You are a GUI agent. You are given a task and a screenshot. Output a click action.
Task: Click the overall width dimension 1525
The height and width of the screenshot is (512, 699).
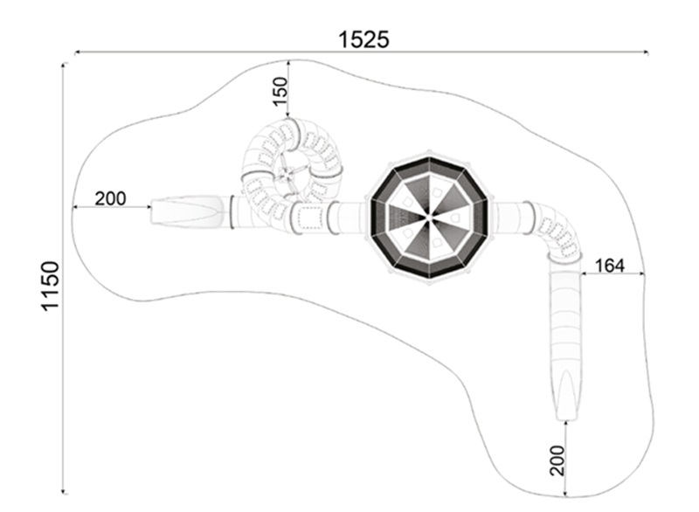pyautogui.click(x=363, y=39)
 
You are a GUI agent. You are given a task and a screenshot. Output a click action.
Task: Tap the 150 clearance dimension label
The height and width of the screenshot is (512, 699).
pyautogui.click(x=280, y=91)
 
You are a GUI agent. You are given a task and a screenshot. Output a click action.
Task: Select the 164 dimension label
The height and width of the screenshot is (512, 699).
pyautogui.click(x=609, y=266)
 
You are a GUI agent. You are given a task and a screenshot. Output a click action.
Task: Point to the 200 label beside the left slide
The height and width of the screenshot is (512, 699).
pyautogui.click(x=110, y=198)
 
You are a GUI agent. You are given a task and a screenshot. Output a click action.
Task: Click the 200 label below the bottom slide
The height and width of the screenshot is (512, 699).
pyautogui.click(x=557, y=460)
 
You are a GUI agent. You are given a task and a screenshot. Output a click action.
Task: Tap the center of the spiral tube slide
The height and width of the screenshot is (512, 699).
pyautogui.click(x=287, y=176)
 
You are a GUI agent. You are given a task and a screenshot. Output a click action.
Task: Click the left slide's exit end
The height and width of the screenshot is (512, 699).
pyautogui.click(x=154, y=212)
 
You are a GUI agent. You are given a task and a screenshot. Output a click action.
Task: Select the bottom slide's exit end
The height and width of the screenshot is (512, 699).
pyautogui.click(x=567, y=418)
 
